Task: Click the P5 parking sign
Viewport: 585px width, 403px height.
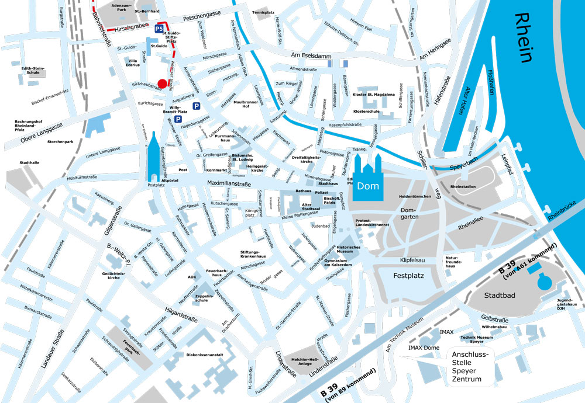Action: pos(159,28)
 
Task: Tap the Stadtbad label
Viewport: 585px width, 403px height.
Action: pos(500,296)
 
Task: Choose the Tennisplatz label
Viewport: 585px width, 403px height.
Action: pos(263,12)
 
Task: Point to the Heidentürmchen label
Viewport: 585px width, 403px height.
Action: pos(415,197)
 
